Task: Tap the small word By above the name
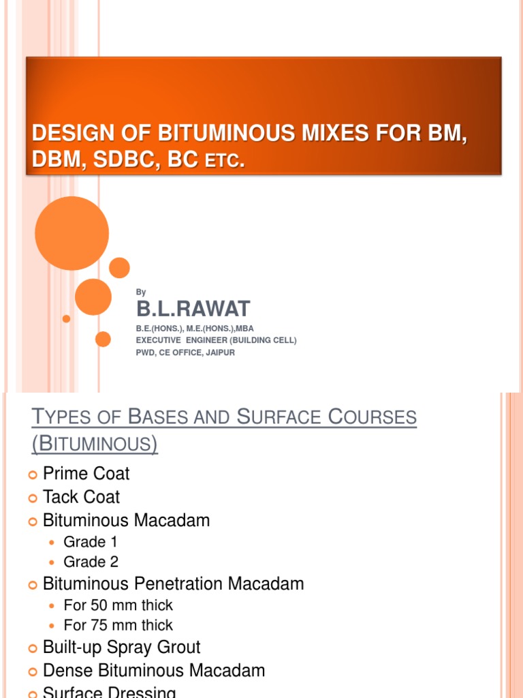141,292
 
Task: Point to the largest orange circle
72,233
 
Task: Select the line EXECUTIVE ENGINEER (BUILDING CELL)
217,340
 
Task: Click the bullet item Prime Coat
86,474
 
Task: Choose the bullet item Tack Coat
81,497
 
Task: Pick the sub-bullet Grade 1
85,542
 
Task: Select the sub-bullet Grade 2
85,562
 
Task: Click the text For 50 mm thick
118,605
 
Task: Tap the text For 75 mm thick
118,625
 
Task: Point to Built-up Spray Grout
121,647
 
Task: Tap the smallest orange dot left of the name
66,318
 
